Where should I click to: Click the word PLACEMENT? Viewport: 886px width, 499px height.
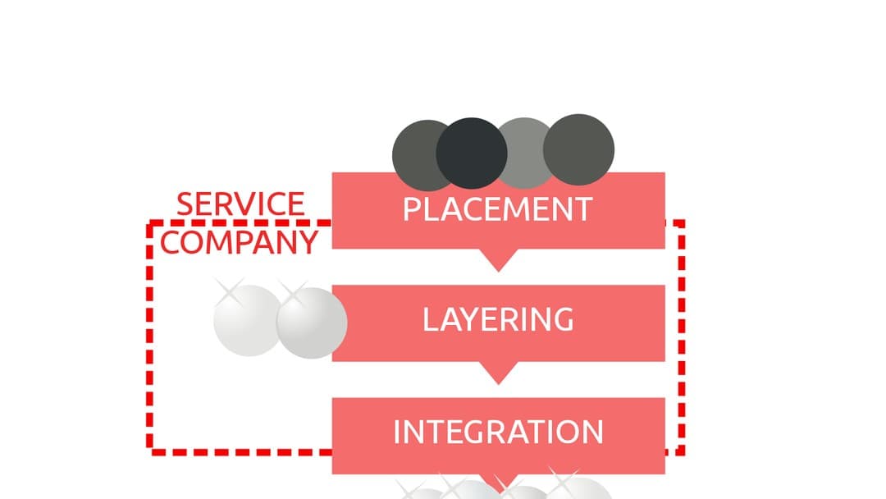pos(497,209)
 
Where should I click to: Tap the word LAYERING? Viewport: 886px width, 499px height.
pos(497,319)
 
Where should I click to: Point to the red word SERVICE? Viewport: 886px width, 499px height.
pos(240,204)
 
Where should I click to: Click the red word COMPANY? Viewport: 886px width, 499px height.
pos(239,241)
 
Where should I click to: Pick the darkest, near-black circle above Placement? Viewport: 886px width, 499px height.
pos(471,153)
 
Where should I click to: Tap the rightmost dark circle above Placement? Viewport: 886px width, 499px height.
pos(579,149)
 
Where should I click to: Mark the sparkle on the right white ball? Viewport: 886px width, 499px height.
pos(292,292)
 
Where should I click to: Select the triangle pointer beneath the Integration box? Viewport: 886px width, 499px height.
pos(497,482)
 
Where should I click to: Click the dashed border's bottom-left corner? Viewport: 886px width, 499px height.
pos(151,451)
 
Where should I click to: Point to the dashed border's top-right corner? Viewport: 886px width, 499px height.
pos(681,222)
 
